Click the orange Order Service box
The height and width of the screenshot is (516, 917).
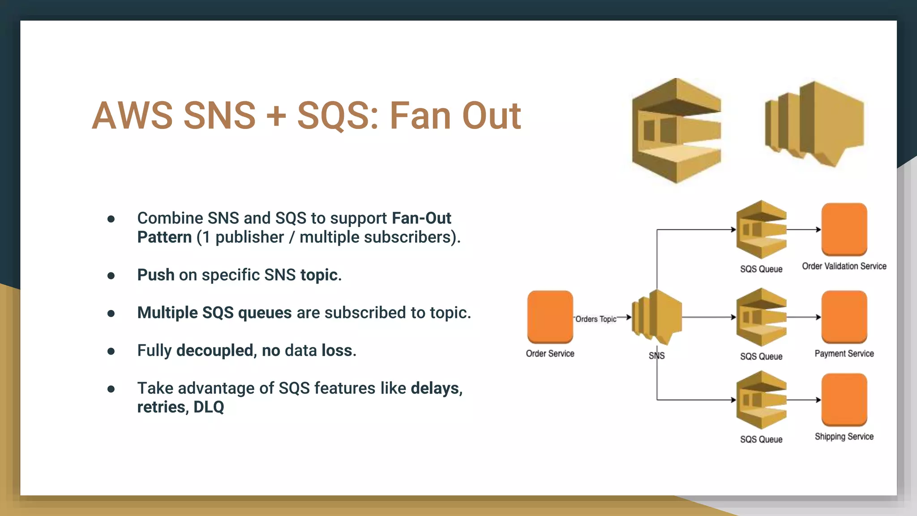[x=550, y=317]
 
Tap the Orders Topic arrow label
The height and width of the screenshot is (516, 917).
[x=596, y=319]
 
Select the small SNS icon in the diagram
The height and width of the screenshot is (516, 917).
[x=657, y=317]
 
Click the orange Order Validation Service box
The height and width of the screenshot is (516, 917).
[x=844, y=229]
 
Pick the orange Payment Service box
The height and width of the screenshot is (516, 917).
[x=844, y=317]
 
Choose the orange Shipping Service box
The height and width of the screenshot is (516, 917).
[x=844, y=400]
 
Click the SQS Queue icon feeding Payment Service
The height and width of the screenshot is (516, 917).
[x=761, y=317]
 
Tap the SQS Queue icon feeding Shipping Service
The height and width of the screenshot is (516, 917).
[x=761, y=400]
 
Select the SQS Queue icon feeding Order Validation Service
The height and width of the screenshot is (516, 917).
[x=761, y=229]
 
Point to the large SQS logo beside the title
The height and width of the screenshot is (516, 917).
[x=676, y=131]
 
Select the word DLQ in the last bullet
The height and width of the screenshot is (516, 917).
[x=209, y=407]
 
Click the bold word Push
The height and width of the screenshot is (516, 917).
[x=156, y=275]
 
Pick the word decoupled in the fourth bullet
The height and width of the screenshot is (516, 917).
[x=214, y=350]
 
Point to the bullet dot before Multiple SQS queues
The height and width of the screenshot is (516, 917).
[x=111, y=313]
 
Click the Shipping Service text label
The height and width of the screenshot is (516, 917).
[x=844, y=436]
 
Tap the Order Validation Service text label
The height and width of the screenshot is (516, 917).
[x=844, y=266]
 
